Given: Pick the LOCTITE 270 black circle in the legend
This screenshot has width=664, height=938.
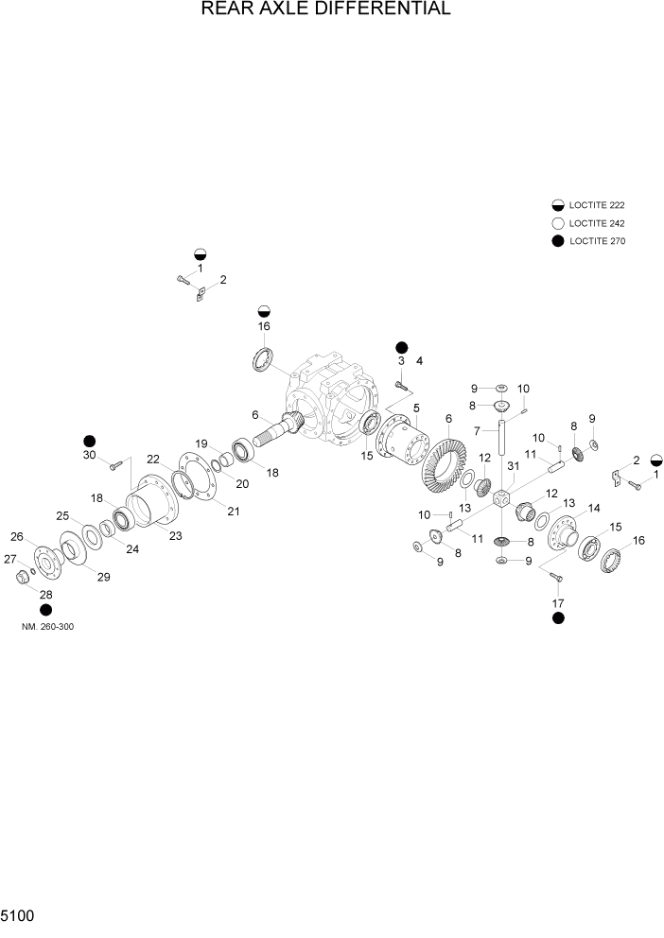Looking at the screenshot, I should pos(557,241).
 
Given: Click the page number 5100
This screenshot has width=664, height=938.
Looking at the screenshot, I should pos(20,917).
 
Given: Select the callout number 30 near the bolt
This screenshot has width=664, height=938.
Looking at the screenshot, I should pos(89,455).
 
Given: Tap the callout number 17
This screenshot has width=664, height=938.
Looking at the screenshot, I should pos(557,602).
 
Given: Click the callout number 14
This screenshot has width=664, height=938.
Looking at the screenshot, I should pos(594,508).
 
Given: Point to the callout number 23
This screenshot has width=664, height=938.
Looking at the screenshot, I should pos(175,536).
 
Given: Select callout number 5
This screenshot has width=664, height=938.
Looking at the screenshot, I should pos(415,408).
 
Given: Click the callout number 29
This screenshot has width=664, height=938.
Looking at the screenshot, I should pos(103,577).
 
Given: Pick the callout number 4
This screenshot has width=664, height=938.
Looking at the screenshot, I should pos(419,361).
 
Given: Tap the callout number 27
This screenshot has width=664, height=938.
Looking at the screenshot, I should pos(10,559).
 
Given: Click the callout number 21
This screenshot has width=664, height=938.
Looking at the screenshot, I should pos(233,512).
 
